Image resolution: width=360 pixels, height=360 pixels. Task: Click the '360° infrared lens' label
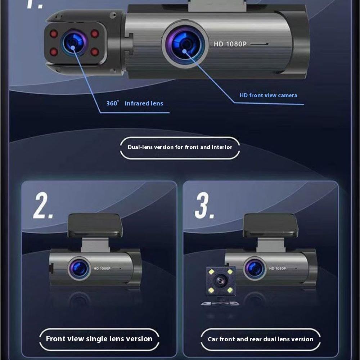tap(135, 103)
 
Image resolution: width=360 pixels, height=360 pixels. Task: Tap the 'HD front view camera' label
tap(269, 95)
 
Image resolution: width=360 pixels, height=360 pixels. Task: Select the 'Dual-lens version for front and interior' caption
tap(180, 147)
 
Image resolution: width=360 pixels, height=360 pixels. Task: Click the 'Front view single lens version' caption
tap(99, 339)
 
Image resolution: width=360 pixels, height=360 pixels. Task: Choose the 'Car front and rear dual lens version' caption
tap(261, 339)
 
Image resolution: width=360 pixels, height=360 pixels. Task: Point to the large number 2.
tap(43, 206)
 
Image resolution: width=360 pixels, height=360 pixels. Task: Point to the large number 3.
tap(204, 206)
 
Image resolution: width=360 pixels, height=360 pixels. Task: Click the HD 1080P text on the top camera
tap(230, 44)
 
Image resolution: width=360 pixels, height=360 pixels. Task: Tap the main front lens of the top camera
tap(185, 44)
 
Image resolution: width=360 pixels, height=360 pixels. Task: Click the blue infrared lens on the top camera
tap(74, 43)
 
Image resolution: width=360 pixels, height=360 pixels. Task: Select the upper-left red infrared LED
tap(54, 34)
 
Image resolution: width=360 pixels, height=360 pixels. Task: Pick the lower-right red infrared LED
tap(95, 51)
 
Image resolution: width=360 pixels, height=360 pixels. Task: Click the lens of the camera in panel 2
tap(79, 269)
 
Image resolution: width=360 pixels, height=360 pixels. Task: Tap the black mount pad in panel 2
tap(95, 225)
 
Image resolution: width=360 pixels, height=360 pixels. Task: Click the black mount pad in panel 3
tap(270, 225)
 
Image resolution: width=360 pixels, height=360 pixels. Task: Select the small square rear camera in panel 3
tap(221, 281)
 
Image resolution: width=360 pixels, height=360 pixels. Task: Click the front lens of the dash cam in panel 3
tap(255, 269)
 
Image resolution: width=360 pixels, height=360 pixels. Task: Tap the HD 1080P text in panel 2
tap(102, 269)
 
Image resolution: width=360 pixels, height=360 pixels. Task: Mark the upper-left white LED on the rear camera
tap(211, 272)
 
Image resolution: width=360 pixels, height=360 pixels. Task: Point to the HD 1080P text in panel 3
tap(277, 269)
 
